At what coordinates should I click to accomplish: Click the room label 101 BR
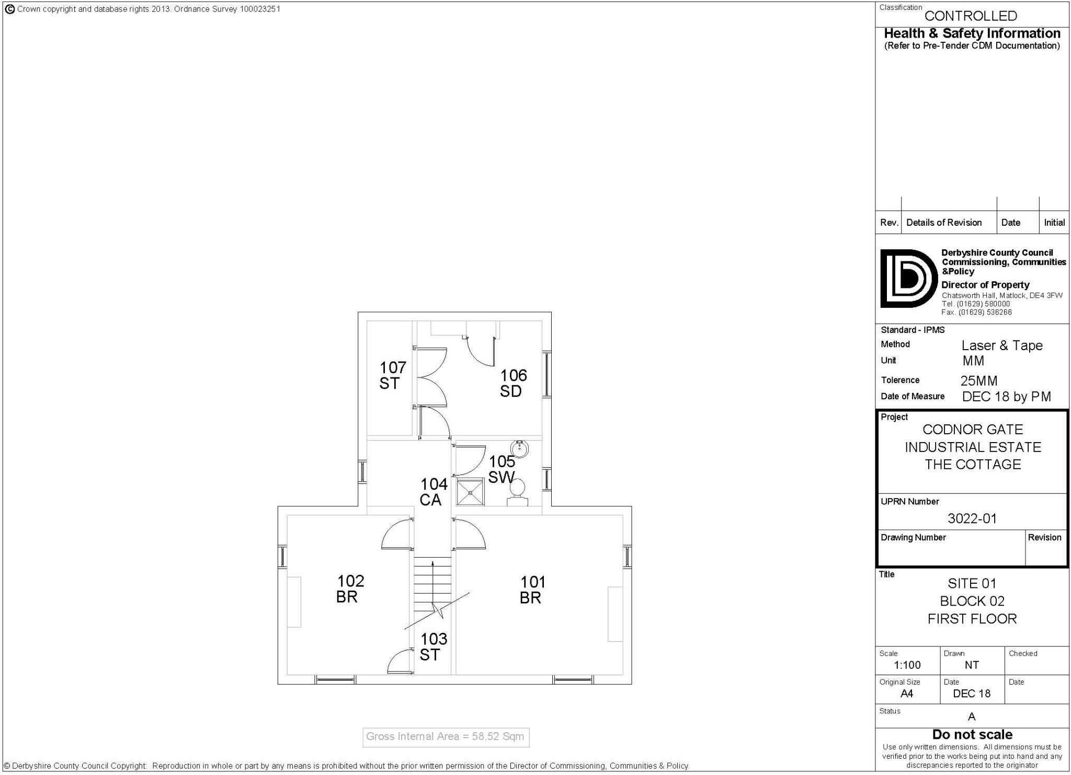(532, 589)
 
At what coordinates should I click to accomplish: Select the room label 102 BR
(350, 588)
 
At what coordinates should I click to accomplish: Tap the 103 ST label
(434, 646)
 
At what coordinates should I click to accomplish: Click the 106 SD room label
(513, 383)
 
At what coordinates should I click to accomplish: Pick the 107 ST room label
(392, 375)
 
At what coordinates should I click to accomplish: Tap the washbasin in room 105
(520, 448)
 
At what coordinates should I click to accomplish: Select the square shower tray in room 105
(470, 492)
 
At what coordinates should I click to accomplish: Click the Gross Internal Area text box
(446, 737)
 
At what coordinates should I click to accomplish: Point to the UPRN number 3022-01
(972, 518)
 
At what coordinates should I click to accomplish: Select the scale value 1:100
(907, 665)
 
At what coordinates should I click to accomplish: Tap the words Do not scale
(972, 734)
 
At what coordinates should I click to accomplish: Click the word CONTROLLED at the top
(971, 16)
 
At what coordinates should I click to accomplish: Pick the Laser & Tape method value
(1001, 345)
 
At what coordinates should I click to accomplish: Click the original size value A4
(907, 693)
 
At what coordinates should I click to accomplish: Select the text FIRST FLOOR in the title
(972, 619)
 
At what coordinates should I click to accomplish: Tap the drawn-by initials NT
(972, 665)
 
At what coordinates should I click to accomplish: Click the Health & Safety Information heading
(972, 33)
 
